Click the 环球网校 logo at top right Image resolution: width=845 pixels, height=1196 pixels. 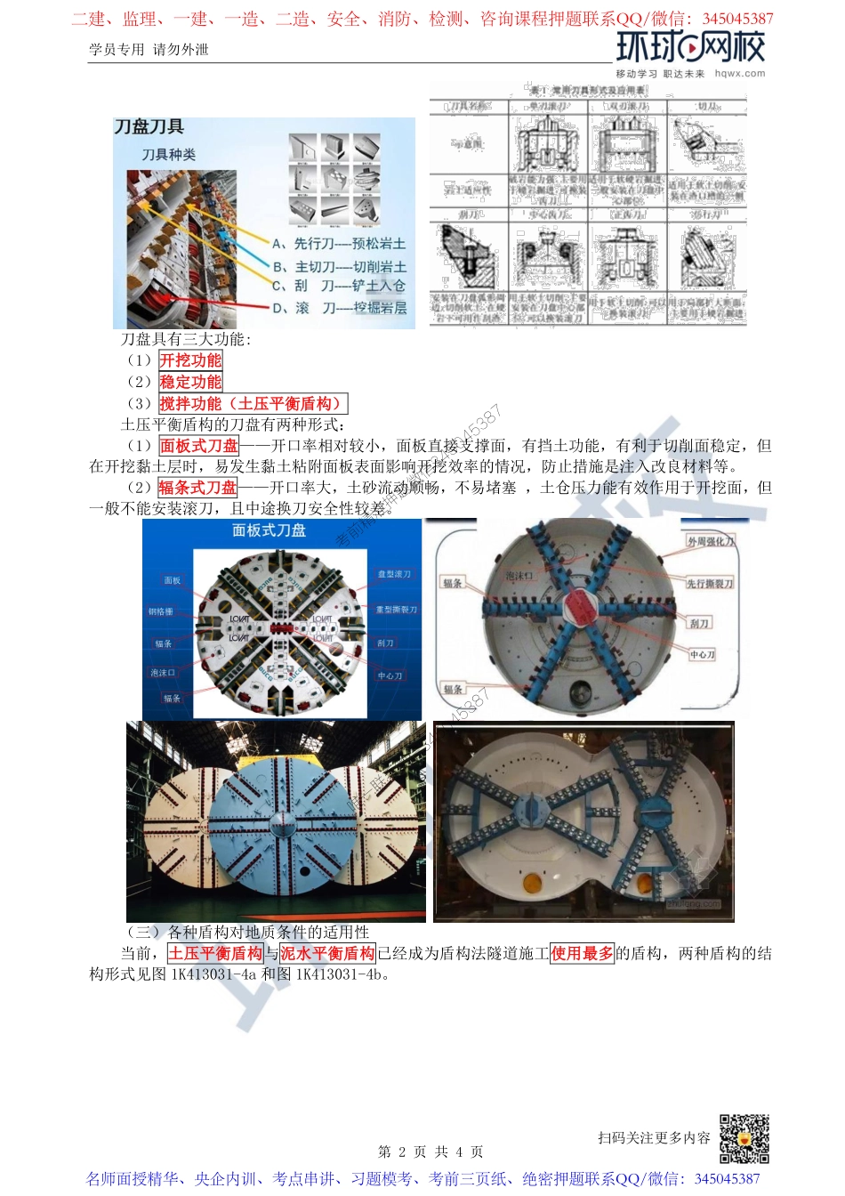(689, 47)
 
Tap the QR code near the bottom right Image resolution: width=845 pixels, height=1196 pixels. (744, 1138)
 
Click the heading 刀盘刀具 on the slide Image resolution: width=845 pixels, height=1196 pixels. (149, 127)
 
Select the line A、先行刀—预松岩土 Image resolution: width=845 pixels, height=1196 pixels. (338, 243)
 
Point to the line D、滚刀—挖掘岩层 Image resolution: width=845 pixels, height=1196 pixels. (338, 308)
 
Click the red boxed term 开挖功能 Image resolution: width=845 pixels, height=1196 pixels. (190, 360)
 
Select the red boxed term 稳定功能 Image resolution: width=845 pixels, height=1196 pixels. (190, 382)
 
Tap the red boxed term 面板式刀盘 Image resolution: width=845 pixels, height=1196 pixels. (199, 446)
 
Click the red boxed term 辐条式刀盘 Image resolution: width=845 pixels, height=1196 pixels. (198, 488)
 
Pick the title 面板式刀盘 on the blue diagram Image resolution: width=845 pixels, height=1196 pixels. (269, 530)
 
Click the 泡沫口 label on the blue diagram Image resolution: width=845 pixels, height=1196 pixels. (163, 673)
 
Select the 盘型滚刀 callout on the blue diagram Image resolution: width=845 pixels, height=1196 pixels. (394, 574)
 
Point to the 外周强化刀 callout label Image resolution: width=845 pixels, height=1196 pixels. (711, 541)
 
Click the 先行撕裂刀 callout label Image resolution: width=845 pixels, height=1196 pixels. (710, 584)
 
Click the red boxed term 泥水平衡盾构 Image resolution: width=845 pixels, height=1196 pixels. (327, 953)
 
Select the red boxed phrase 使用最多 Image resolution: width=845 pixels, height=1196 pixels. (583, 953)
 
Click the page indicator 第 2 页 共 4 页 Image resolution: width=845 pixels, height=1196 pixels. (431, 1152)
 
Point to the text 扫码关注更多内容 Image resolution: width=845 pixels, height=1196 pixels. (654, 1138)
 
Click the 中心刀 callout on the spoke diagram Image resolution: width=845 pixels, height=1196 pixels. (702, 654)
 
